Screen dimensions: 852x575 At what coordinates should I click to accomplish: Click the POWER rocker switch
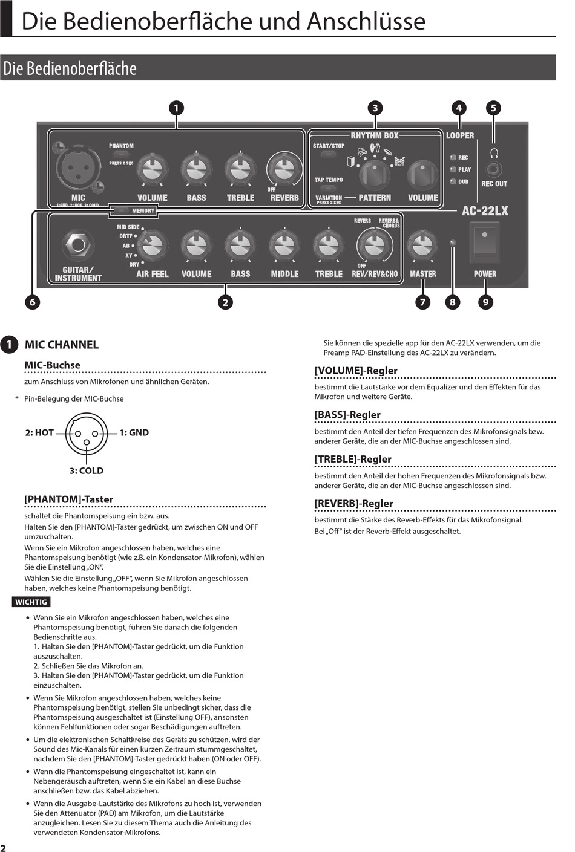click(484, 241)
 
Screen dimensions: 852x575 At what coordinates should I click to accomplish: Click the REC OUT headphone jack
click(494, 169)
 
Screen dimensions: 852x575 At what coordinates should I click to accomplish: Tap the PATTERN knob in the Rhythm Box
click(375, 175)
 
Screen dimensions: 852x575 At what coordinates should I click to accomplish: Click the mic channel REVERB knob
click(284, 170)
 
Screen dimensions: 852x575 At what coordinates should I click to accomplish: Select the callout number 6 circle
click(32, 302)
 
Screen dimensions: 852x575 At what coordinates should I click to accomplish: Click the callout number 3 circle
click(375, 108)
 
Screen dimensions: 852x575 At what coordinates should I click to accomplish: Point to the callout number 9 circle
click(485, 302)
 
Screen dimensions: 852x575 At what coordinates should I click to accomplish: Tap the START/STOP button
click(328, 154)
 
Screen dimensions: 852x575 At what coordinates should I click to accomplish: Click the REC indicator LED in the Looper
click(452, 157)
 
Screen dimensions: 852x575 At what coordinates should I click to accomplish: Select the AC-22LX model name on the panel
click(485, 211)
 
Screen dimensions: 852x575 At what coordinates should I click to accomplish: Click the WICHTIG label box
click(31, 602)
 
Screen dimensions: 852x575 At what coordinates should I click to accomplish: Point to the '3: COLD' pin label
click(86, 470)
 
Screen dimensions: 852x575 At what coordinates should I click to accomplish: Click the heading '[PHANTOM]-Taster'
click(69, 499)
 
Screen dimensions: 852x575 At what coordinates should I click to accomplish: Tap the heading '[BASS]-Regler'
click(347, 415)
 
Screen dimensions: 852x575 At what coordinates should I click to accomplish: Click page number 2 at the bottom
click(4, 848)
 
